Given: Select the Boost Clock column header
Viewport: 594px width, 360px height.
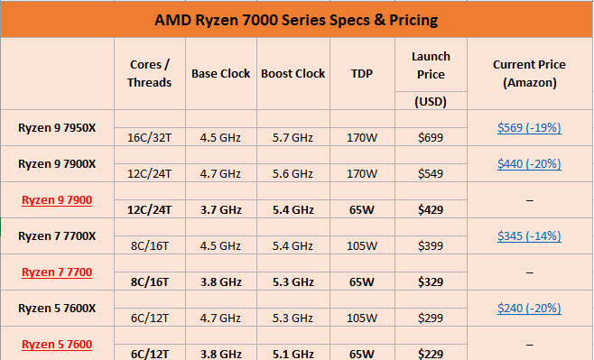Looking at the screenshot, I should click(292, 73).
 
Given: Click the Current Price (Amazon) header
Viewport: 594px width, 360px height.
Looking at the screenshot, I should click(529, 73).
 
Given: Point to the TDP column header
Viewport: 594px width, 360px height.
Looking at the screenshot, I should click(361, 73).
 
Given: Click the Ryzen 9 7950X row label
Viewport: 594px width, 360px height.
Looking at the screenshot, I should click(57, 127).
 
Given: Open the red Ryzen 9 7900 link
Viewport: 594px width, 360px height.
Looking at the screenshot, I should click(57, 199).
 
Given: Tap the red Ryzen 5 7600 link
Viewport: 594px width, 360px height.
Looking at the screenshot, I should click(57, 343).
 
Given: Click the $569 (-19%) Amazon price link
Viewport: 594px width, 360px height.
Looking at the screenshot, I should click(529, 128).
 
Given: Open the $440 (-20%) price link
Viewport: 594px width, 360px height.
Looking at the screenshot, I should click(529, 163).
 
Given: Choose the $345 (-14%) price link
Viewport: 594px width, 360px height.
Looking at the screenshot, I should click(529, 235).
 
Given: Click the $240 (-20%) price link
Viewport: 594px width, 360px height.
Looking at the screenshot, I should click(529, 307).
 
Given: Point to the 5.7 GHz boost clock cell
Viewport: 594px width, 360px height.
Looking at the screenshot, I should click(292, 138).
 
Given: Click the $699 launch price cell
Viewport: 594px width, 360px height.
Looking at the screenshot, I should click(431, 138).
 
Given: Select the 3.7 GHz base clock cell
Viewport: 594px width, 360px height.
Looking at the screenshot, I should click(219, 209).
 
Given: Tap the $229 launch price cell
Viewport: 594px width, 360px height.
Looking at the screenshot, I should click(431, 353).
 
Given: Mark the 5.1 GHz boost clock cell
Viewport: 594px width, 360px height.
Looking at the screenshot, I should click(292, 353).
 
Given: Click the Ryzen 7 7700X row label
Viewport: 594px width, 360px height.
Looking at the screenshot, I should click(57, 235).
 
